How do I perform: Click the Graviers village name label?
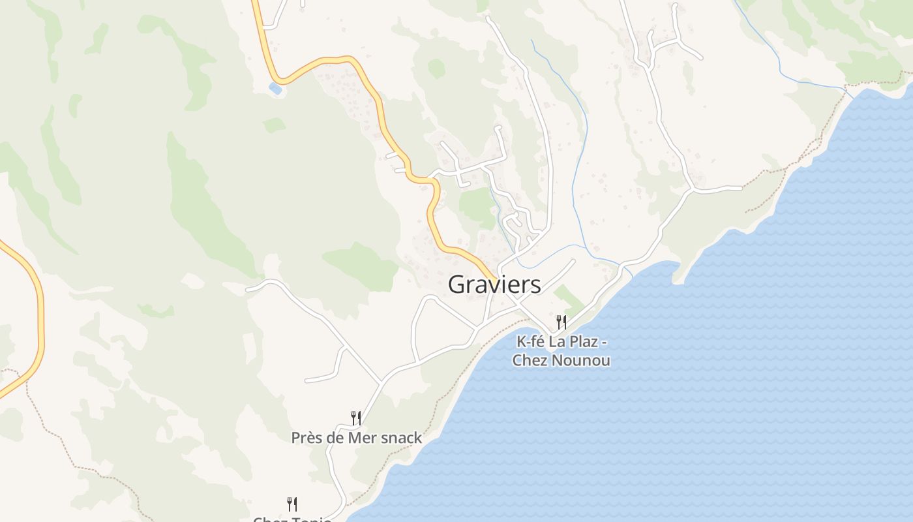pyautogui.click(x=494, y=284)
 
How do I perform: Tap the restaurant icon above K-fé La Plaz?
pyautogui.click(x=561, y=322)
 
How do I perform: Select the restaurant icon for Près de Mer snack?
pyautogui.click(x=356, y=418)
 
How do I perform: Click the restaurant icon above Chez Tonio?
pyautogui.click(x=292, y=504)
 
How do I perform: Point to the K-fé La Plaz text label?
pyautogui.click(x=561, y=341)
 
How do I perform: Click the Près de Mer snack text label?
pyautogui.click(x=357, y=438)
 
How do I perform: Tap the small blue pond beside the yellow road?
pyautogui.click(x=275, y=88)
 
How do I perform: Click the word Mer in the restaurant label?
pyautogui.click(x=362, y=438)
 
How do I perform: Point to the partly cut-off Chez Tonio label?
pyautogui.click(x=292, y=519)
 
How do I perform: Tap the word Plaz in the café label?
pyautogui.click(x=578, y=341)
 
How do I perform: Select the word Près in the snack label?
pyautogui.click(x=307, y=438)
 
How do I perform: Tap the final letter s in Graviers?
pyautogui.click(x=535, y=285)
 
